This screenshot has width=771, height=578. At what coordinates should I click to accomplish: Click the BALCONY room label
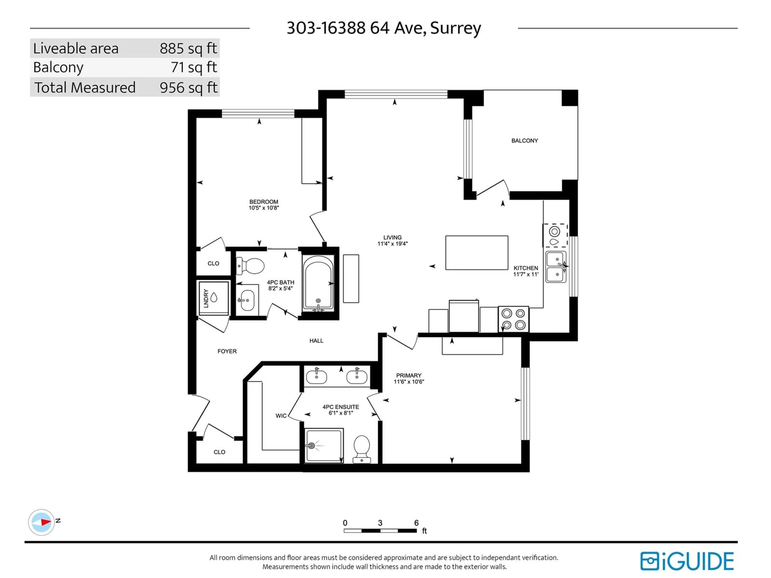tap(525, 141)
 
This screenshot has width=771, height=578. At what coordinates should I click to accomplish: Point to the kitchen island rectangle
tap(476, 253)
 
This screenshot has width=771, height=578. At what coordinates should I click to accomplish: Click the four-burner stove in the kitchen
tap(513, 319)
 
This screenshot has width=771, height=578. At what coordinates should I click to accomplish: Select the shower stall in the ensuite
tap(324, 446)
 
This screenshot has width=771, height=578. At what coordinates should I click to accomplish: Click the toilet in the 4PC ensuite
tap(362, 449)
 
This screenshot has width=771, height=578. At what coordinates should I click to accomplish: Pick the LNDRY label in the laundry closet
tap(206, 298)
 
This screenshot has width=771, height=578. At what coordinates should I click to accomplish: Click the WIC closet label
tap(281, 416)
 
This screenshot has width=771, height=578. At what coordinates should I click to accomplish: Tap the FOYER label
tap(227, 351)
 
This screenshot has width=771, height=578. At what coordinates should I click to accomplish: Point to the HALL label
tap(316, 341)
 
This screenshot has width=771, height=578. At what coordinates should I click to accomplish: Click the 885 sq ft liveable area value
tap(188, 48)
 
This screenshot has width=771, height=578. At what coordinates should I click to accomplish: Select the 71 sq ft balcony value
tap(194, 67)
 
